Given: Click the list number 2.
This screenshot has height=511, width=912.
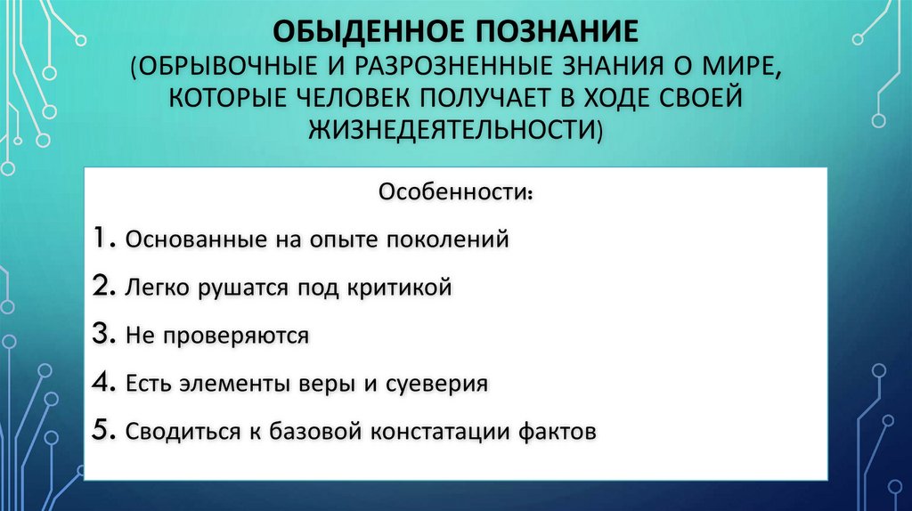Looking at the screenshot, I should click(x=102, y=287).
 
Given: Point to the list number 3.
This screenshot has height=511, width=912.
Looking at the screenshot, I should click(x=102, y=335).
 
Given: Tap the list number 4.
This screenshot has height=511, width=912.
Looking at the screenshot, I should click(x=102, y=384).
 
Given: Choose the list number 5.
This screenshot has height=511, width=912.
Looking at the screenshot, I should click(x=102, y=432).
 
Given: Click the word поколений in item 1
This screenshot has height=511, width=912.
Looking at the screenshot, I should click(x=449, y=240).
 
